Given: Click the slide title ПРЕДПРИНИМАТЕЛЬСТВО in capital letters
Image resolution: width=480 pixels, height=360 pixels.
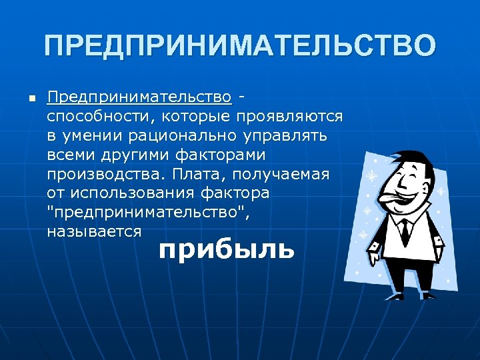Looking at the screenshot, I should [x=240, y=47].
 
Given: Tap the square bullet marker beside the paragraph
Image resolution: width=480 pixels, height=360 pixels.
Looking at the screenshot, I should [x=31, y=99].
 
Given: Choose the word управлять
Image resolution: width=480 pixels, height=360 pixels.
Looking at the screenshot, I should [x=287, y=136].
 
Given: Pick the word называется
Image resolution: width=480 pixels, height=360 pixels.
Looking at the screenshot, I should [x=94, y=231].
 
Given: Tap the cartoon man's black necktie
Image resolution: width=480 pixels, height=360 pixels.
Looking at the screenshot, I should [x=405, y=231].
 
